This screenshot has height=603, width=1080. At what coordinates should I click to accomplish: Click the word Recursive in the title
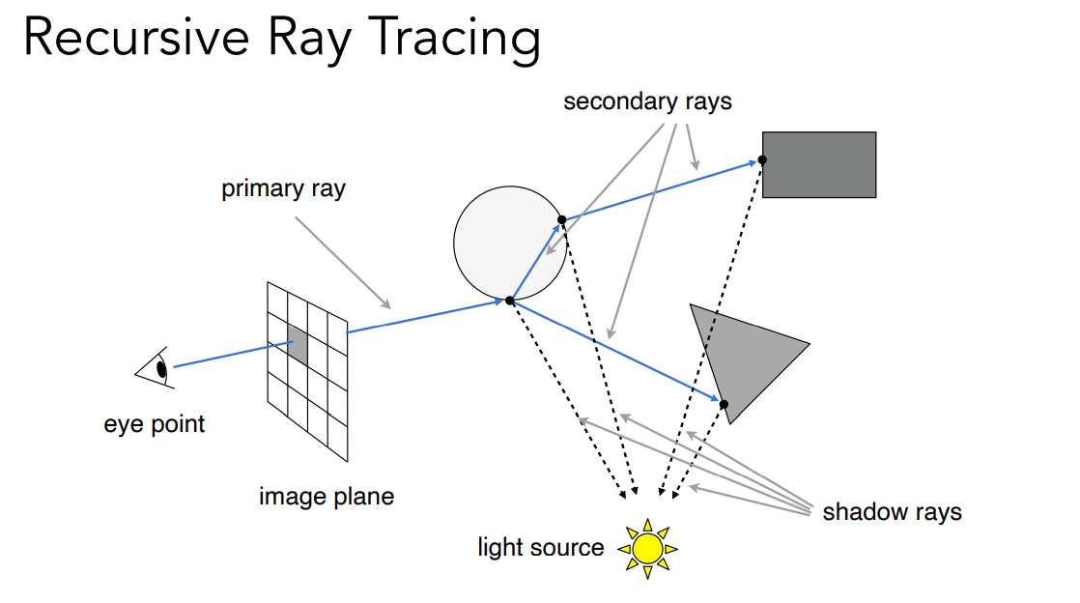[x=136, y=38]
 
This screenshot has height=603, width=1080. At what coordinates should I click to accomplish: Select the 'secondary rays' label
[x=647, y=102]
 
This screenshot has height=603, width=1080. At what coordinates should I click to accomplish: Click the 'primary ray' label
[x=283, y=188]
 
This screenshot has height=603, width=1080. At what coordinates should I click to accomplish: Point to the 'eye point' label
[x=155, y=424]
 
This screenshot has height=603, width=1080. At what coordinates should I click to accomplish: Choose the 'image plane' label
[x=327, y=496]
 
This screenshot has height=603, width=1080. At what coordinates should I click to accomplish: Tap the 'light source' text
[x=541, y=547]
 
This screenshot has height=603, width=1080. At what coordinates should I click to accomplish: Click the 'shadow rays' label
[x=892, y=512]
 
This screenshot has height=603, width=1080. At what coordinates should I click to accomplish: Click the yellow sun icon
[x=647, y=549]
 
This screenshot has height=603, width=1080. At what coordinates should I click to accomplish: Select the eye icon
[x=156, y=368]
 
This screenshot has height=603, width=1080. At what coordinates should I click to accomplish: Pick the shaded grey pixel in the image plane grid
[x=298, y=346]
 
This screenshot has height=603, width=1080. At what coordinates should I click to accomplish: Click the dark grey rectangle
[x=819, y=164]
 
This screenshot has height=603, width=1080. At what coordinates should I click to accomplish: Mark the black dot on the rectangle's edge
[x=762, y=159]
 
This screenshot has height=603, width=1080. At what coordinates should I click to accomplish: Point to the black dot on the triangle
[x=724, y=404]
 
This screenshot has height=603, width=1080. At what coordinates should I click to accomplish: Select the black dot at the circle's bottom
[x=510, y=301]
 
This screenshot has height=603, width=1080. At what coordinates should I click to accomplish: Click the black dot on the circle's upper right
[x=562, y=219]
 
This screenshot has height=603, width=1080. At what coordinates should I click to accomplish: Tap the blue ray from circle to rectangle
[x=662, y=190]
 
